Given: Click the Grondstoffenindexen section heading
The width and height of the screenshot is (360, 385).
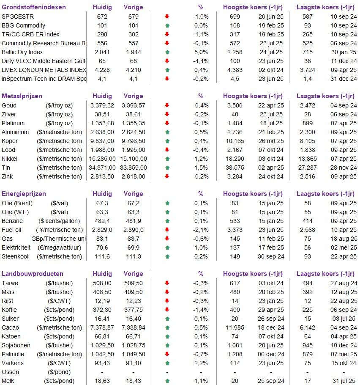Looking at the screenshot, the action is [x=34, y=7].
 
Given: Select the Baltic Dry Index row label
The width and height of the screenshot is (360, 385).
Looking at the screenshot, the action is [x=22, y=52].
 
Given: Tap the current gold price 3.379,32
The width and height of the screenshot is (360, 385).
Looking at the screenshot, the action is [x=102, y=105].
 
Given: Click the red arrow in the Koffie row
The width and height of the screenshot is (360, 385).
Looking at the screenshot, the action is [x=167, y=310].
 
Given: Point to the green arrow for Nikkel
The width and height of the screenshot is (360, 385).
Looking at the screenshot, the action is [x=167, y=159].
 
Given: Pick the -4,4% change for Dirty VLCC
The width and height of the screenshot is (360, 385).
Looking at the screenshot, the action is [x=201, y=61].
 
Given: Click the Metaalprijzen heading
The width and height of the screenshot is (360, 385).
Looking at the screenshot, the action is [x=22, y=96].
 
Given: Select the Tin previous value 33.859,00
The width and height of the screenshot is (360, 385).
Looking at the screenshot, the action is [x=134, y=168].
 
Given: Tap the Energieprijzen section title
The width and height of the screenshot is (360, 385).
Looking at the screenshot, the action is [x=24, y=194].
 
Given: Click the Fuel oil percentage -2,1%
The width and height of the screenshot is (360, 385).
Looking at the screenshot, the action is [x=201, y=230].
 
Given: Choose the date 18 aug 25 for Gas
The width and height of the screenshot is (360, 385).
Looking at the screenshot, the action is [x=344, y=239].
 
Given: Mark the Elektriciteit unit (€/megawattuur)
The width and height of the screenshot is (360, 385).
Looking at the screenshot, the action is [x=59, y=247].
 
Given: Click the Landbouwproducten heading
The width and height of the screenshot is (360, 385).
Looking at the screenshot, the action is [x=33, y=274].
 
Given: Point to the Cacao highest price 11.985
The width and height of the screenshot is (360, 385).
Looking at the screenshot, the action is [x=235, y=327].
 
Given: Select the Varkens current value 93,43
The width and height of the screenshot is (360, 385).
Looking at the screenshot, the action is [x=102, y=363].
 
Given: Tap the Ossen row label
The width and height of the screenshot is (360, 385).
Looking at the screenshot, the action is [x=10, y=372].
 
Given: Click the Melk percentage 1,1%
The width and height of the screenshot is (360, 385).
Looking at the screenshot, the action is [x=201, y=381].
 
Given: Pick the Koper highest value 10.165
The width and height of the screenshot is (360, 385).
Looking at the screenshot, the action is [x=235, y=141].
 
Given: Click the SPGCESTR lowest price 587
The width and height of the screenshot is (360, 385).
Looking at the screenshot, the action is [x=308, y=16].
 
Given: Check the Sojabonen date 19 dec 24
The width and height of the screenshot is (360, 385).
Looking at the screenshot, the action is [x=344, y=345].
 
